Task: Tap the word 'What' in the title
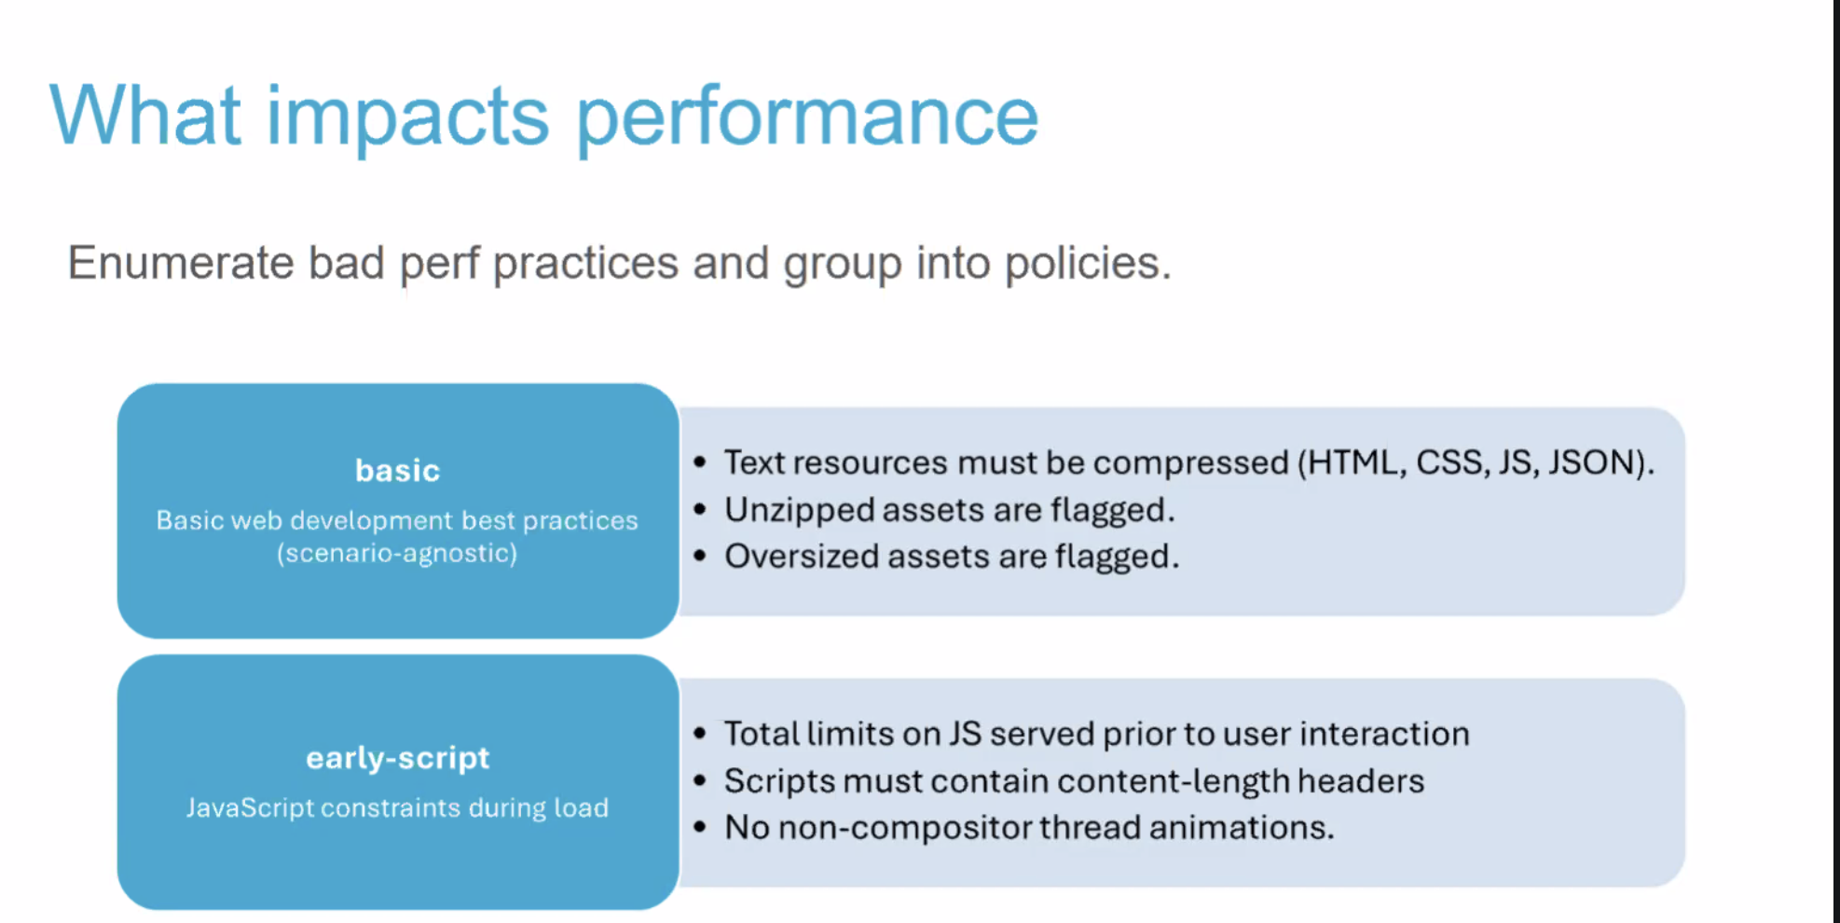click(145, 116)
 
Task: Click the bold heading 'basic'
click(397, 471)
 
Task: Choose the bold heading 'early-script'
click(397, 758)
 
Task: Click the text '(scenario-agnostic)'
click(397, 554)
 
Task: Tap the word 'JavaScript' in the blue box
click(250, 807)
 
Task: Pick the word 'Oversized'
click(801, 557)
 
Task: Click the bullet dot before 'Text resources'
click(701, 461)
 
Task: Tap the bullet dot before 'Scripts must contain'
click(701, 780)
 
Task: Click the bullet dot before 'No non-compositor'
click(701, 827)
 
